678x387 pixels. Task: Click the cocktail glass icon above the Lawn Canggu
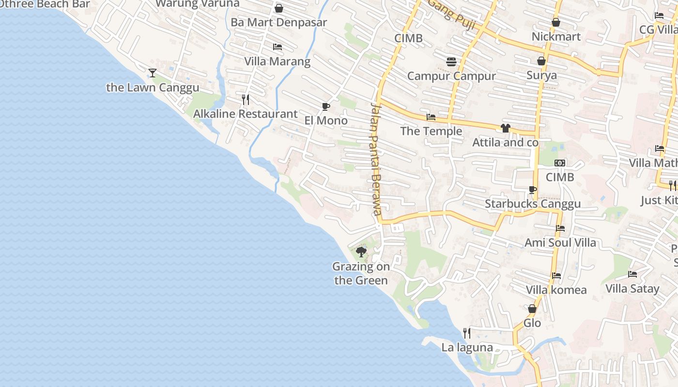(x=153, y=73)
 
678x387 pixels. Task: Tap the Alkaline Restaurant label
(x=245, y=114)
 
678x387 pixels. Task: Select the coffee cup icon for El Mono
(x=326, y=106)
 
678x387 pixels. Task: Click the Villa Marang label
(x=277, y=61)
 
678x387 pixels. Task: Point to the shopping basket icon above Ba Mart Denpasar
(x=279, y=8)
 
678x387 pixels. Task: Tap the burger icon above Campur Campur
(x=451, y=62)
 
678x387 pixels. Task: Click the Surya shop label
(x=541, y=75)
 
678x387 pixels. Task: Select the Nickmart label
(x=556, y=37)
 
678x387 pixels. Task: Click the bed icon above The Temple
(x=431, y=117)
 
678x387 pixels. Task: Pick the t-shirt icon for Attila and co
(x=506, y=128)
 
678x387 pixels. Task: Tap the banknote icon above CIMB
(x=560, y=163)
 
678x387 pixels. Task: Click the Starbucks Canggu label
(x=533, y=204)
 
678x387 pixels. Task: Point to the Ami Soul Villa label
(x=560, y=242)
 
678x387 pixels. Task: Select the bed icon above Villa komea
(x=556, y=276)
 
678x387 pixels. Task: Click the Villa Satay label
(x=632, y=289)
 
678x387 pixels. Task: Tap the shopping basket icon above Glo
(x=532, y=309)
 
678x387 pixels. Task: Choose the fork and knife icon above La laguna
(x=467, y=333)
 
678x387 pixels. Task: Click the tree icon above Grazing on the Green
(x=361, y=252)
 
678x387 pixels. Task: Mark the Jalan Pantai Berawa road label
(x=376, y=159)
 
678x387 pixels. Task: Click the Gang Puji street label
(x=451, y=15)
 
